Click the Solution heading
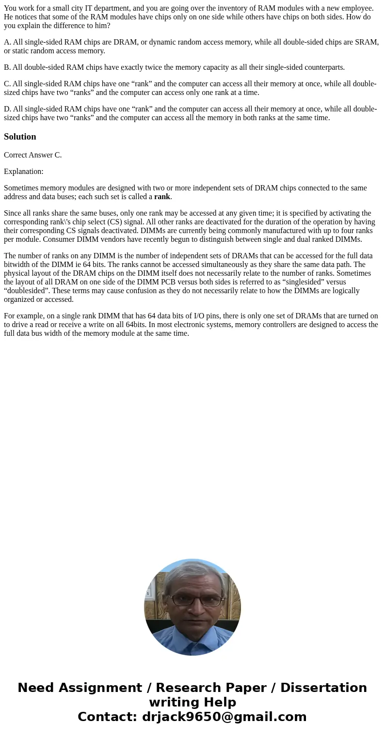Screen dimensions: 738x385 pos(20,137)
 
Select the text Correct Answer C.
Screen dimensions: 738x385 pos(32,155)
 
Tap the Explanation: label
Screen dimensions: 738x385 pos(23,172)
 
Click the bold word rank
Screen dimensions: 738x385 pos(162,197)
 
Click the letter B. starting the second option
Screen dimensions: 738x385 pos(7,67)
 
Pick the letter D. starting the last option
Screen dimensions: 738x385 pos(7,109)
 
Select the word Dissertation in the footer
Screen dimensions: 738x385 pos(323,688)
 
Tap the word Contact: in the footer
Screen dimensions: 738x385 pos(108,717)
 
